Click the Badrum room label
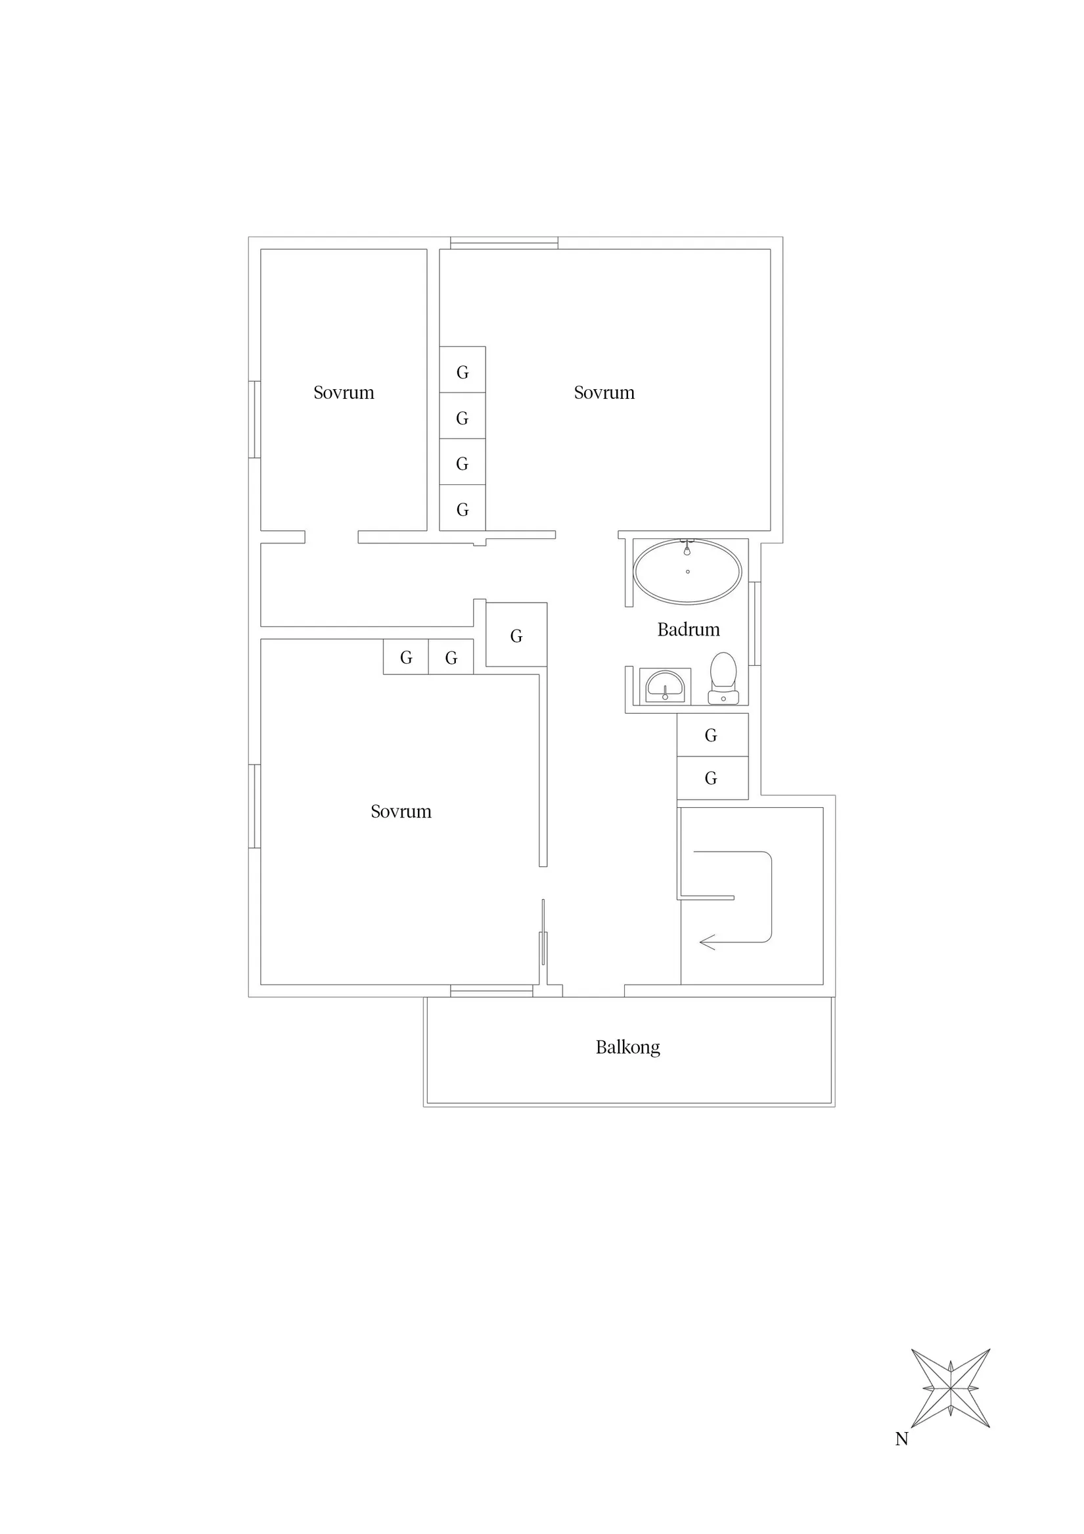(x=688, y=630)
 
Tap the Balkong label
(x=627, y=1047)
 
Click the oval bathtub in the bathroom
(x=687, y=572)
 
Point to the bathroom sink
(x=665, y=686)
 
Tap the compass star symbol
(x=950, y=1387)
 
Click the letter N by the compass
(x=901, y=1439)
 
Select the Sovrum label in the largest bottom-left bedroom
(x=401, y=811)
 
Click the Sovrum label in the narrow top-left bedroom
(x=344, y=392)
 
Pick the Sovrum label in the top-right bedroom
(x=604, y=392)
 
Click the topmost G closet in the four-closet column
(x=463, y=371)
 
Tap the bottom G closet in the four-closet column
(x=463, y=509)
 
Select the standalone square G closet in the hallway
(x=516, y=636)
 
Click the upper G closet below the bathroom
(x=711, y=735)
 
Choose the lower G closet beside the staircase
(x=711, y=778)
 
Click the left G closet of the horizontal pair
(x=405, y=657)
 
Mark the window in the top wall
(x=504, y=243)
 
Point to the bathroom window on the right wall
(x=754, y=623)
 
